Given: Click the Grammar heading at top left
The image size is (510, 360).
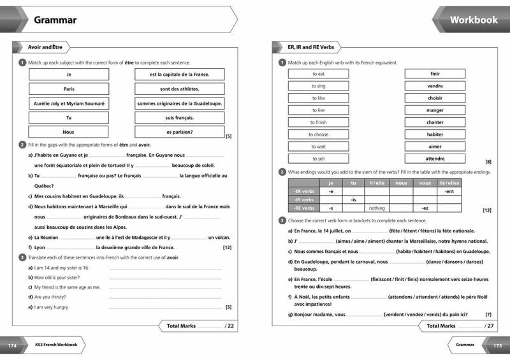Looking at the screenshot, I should (55, 20).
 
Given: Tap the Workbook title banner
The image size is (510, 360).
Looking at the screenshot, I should (474, 20).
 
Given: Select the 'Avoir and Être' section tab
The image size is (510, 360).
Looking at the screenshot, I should (44, 47).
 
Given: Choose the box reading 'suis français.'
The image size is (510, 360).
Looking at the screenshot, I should (179, 118).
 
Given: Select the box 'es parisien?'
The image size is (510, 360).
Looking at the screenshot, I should (179, 133).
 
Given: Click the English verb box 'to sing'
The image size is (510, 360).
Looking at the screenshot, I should (319, 86).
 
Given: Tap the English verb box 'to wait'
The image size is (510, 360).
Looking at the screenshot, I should (319, 147).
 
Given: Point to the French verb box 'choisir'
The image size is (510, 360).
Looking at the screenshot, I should (435, 98).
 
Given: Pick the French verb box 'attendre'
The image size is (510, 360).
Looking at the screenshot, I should (435, 159).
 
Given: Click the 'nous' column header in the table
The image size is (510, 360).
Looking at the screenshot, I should (401, 183).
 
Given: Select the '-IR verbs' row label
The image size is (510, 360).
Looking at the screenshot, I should (303, 199).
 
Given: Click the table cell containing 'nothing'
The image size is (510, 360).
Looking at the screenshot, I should (377, 208).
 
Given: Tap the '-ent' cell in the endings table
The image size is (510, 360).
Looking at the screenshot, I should (449, 191).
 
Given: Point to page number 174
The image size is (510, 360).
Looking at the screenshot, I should (11, 345).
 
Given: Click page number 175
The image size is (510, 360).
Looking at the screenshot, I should (498, 345).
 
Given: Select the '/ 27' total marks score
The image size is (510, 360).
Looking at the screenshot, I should (489, 326).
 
